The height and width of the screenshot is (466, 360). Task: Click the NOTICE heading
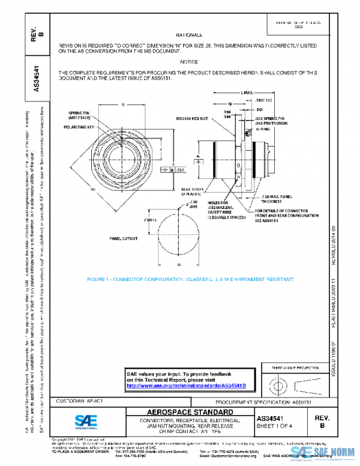pyautogui.click(x=189, y=62)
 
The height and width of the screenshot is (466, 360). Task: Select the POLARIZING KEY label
pyautogui.click(x=80, y=128)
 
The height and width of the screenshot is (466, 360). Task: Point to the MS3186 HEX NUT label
pyautogui.click(x=191, y=118)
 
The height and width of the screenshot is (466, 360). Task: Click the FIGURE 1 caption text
pyautogui.click(x=190, y=280)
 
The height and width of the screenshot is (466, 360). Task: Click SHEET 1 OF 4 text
pyautogui.click(x=275, y=426)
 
